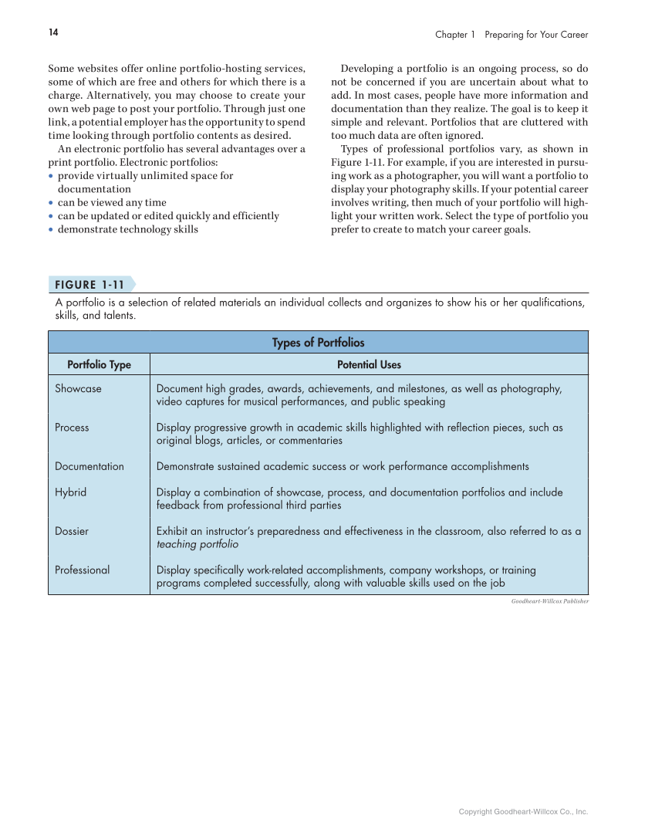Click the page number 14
(53, 32)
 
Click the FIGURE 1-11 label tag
(89, 284)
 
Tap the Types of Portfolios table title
(318, 343)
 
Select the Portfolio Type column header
(99, 364)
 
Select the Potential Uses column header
(369, 364)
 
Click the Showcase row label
(78, 389)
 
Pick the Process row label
(72, 428)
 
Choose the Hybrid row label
(70, 492)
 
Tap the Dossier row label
(72, 531)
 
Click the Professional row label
(82, 570)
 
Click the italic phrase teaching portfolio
(197, 544)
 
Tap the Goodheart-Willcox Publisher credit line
(549, 601)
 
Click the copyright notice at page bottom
(523, 812)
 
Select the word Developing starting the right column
(369, 68)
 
